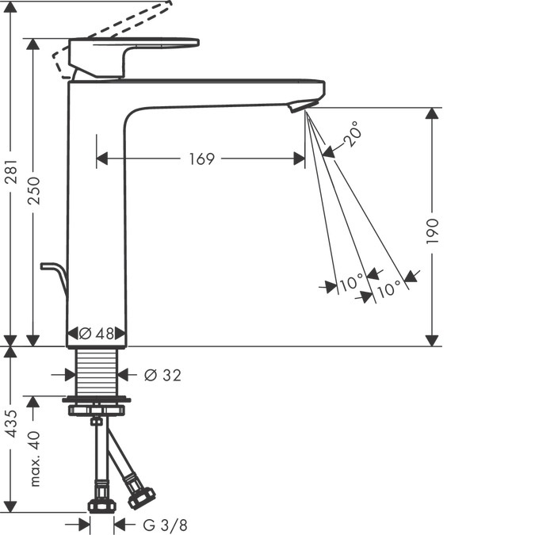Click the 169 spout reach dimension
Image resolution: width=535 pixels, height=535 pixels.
[x=201, y=159]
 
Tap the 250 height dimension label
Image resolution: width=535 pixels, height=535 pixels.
[x=33, y=190]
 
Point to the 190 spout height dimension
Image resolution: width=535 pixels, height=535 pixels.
[x=432, y=231]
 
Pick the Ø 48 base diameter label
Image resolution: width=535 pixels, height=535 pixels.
[x=97, y=334]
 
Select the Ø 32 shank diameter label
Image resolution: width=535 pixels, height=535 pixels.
[x=162, y=375]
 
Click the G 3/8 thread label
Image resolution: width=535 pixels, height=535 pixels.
[x=166, y=524]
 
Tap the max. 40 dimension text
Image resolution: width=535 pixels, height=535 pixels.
[x=33, y=459]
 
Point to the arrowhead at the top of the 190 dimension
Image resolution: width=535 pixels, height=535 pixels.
[x=432, y=114]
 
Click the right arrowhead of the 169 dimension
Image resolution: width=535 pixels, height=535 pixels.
[x=299, y=159]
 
